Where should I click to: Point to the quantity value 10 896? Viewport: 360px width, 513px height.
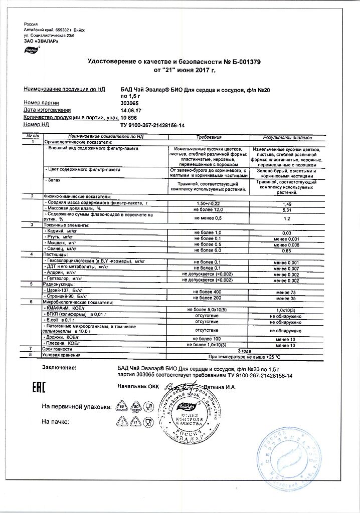pos(131,117)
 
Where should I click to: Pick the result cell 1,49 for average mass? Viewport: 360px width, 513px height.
pos(287,204)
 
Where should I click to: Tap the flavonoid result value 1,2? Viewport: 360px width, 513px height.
pos(287,218)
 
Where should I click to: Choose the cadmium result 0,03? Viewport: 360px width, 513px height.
pos(287,232)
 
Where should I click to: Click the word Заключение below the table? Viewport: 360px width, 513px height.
pos(60,368)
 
